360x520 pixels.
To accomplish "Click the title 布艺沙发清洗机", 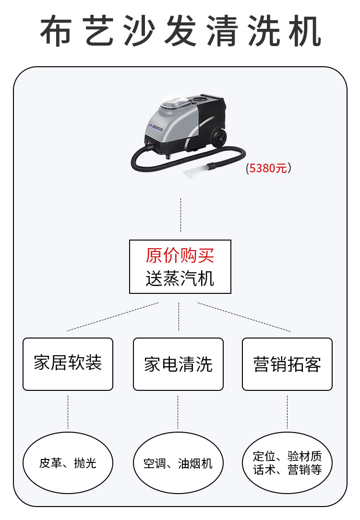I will coord(180,31).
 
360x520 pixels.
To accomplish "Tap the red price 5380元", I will coord(268,168).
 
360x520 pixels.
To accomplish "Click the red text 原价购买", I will coord(180,256).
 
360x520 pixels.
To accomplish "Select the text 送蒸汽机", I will coord(180,278).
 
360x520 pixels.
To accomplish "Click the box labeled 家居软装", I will coord(68,363).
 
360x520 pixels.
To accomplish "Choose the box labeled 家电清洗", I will coord(178,363).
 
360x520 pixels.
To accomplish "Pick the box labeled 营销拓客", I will coord(287,363).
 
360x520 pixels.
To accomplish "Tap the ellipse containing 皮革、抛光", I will coord(68,463).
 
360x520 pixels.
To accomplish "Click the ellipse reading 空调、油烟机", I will coord(178,463).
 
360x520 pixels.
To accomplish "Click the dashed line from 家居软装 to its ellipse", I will coord(68,412).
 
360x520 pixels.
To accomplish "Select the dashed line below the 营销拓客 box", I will coord(287,412).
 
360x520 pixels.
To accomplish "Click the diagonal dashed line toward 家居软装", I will coord(113,317).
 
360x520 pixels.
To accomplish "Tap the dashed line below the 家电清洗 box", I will coord(178,412).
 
